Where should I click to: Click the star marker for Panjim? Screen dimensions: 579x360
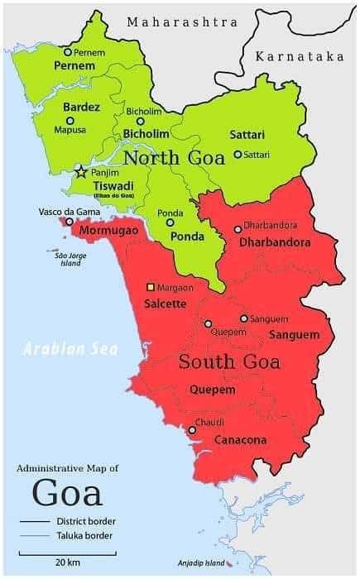[x=81, y=172]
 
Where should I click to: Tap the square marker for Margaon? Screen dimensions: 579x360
[x=151, y=287]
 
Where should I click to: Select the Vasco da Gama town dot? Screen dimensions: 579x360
[x=69, y=222]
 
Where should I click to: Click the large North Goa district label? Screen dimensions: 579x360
[x=174, y=158]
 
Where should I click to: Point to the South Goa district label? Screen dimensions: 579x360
[x=229, y=361]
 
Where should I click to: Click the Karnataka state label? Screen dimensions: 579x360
[x=300, y=56]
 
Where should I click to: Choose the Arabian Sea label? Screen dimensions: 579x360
[x=70, y=348]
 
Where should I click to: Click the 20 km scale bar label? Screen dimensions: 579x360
[x=67, y=562]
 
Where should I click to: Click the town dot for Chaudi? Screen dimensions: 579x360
[x=191, y=428]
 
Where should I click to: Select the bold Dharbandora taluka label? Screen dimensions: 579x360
[x=276, y=242]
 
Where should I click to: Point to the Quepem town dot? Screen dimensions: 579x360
[x=208, y=323]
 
